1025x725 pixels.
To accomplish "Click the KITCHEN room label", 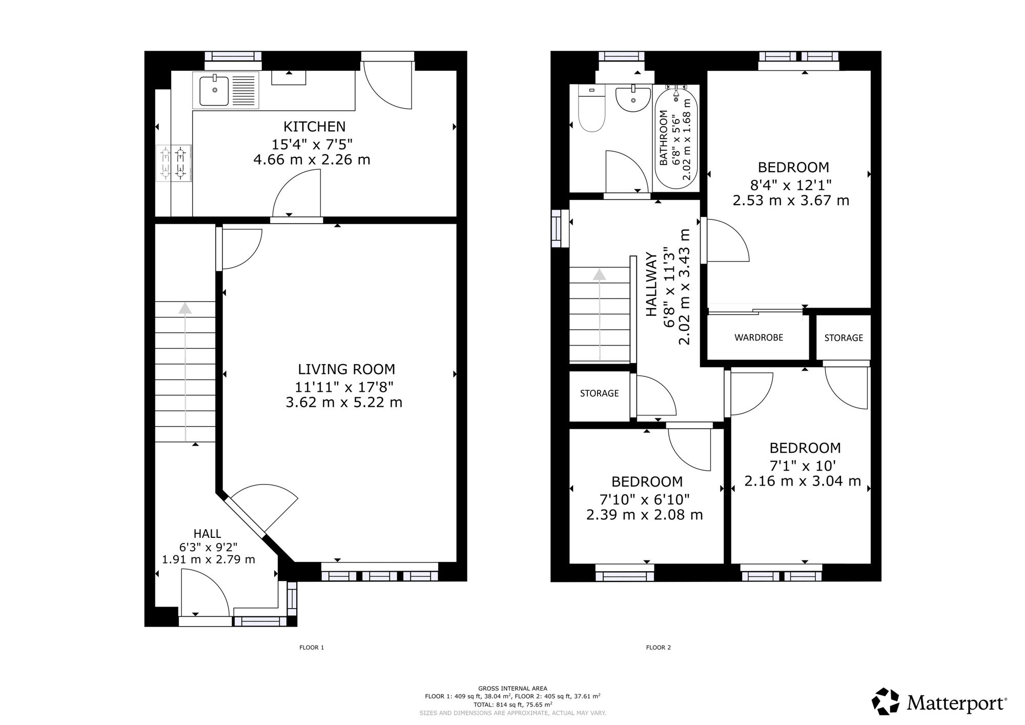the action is [315, 126].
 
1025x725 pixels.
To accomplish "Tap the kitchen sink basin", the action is [214, 90].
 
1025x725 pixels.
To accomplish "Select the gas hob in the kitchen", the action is [174, 163].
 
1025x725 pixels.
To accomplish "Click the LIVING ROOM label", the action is [346, 369].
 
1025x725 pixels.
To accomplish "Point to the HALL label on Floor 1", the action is [208, 534].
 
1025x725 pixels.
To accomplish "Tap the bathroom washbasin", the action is [633, 98].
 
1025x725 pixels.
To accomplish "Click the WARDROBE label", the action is [758, 338].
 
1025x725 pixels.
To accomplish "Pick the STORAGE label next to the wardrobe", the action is [844, 338].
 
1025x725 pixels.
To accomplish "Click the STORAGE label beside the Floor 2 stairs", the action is [599, 393].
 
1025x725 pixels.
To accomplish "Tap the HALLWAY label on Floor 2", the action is [651, 284].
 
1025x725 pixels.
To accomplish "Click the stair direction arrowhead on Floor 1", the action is [185, 308].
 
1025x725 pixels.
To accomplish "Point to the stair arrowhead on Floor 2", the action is [599, 274].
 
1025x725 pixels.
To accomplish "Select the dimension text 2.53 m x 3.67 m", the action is [791, 200].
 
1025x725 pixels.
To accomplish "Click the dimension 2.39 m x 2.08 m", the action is [645, 515].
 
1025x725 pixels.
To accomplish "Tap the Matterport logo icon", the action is [886, 701].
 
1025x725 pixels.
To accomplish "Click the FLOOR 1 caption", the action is [312, 648].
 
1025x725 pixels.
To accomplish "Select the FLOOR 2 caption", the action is [658, 648].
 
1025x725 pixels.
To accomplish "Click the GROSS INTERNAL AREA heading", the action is [512, 689].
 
